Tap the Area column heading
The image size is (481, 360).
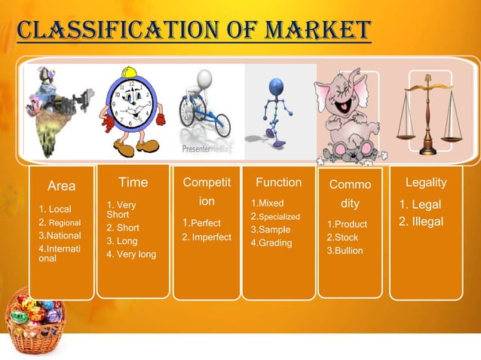[x=61, y=185]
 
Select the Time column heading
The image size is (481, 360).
[x=133, y=182]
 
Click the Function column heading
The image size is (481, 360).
[x=278, y=182]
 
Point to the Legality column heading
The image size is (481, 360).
[x=426, y=182]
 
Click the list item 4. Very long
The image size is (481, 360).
[x=131, y=254]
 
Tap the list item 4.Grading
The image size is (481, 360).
[x=271, y=243]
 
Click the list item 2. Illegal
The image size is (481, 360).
[x=421, y=221]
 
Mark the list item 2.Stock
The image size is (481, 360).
[x=342, y=237]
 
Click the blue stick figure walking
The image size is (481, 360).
[x=275, y=109]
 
